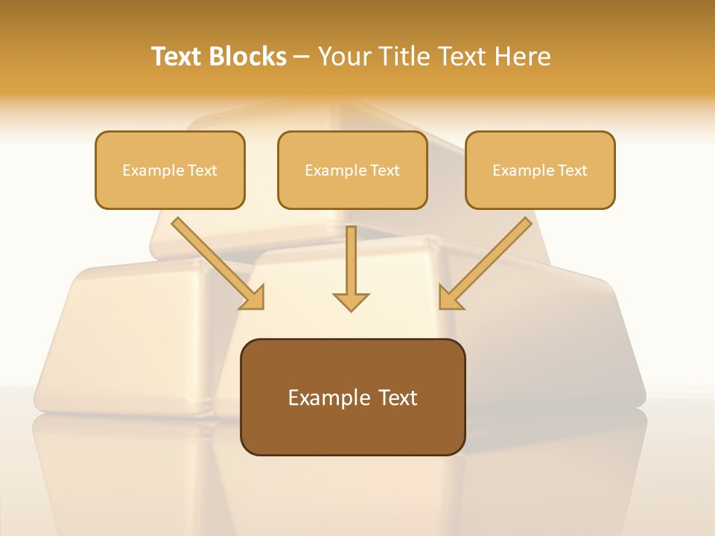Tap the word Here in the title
(x=524, y=57)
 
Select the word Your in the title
(x=344, y=57)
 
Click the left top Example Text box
(x=170, y=170)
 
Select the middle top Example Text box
(x=352, y=170)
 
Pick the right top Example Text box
(x=540, y=170)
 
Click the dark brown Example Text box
(x=352, y=397)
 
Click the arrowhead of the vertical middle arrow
(x=351, y=301)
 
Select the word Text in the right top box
(x=572, y=170)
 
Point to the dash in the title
(x=302, y=57)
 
